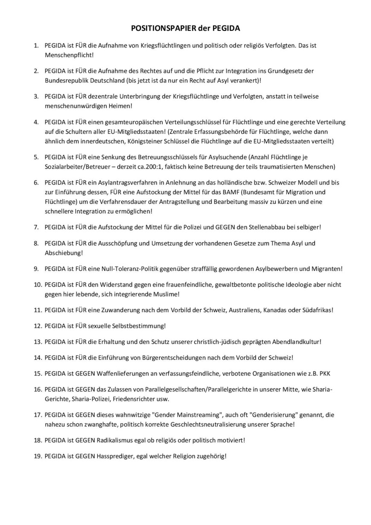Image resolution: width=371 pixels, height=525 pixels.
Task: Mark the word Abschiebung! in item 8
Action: (64, 252)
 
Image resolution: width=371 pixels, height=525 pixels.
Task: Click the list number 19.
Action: (37, 456)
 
